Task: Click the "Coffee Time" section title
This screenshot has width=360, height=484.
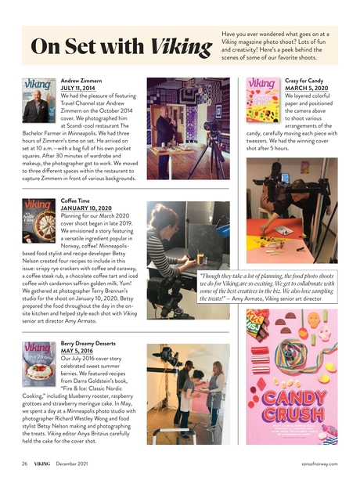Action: click(77, 200)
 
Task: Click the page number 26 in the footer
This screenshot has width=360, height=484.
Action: click(24, 464)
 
